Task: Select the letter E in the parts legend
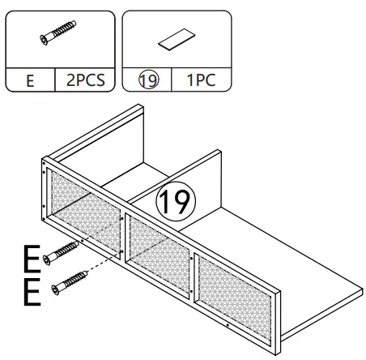click(x=29, y=81)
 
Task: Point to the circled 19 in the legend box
click(x=148, y=81)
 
